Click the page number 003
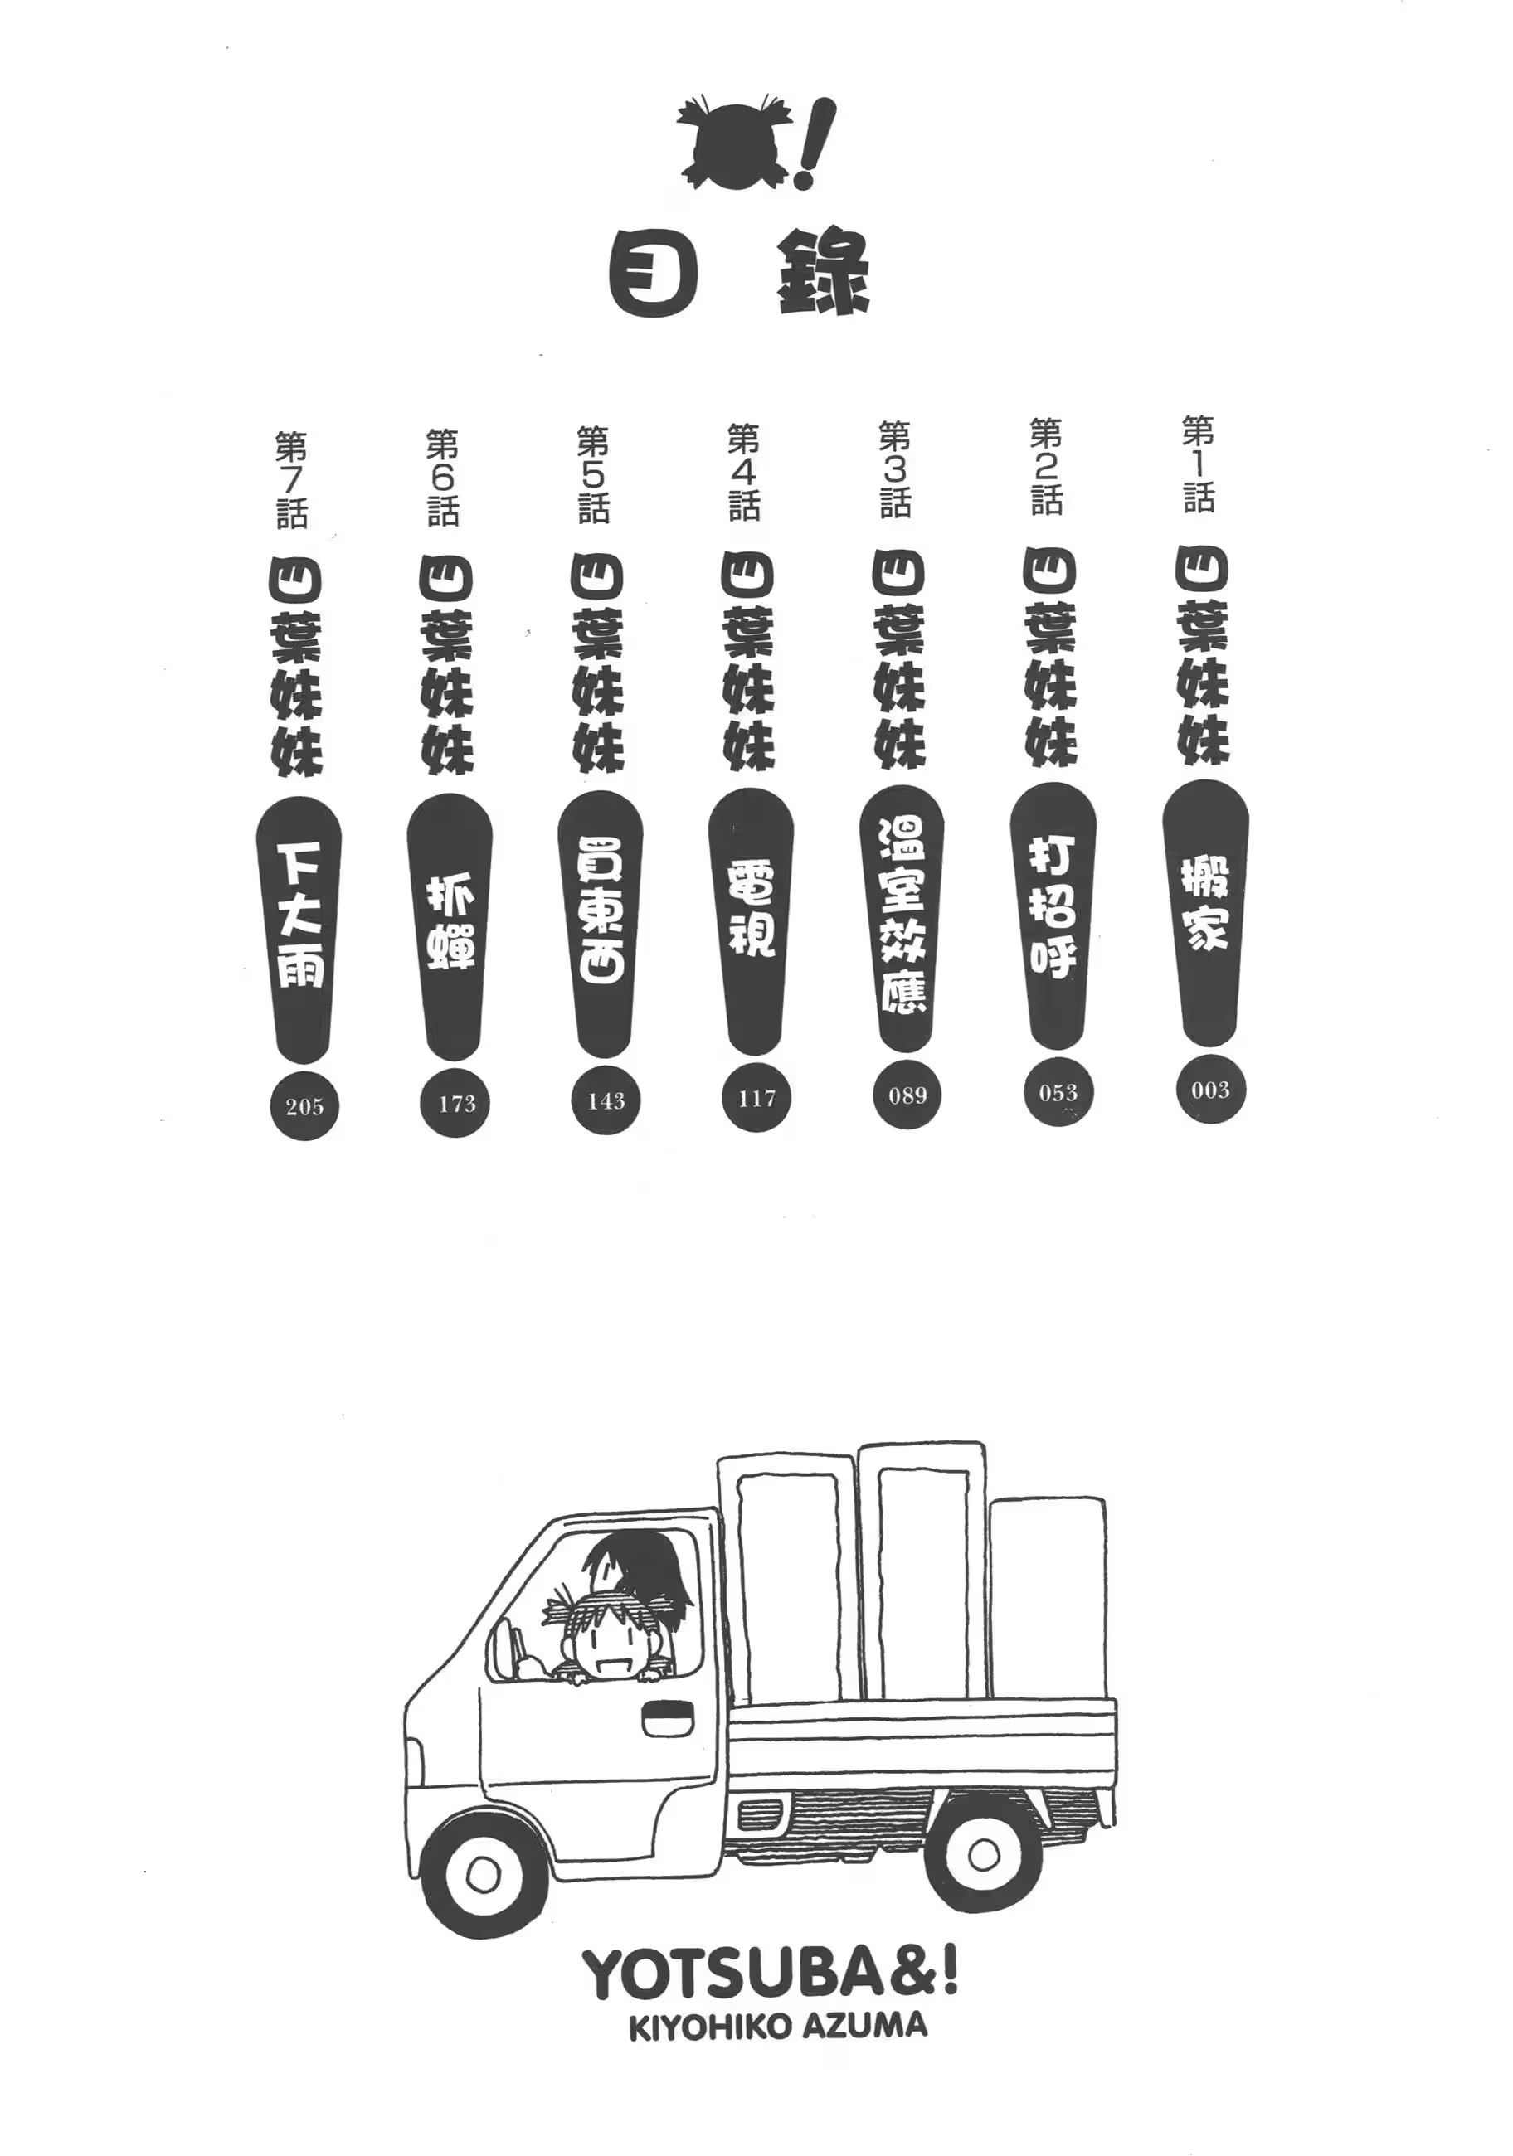(1209, 1090)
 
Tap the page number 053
(1058, 1093)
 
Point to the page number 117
(757, 1099)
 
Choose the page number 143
(606, 1100)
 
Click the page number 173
(456, 1104)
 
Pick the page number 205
(304, 1107)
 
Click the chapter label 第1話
(1199, 465)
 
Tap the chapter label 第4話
(744, 473)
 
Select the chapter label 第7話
(291, 480)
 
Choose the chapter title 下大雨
(300, 913)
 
